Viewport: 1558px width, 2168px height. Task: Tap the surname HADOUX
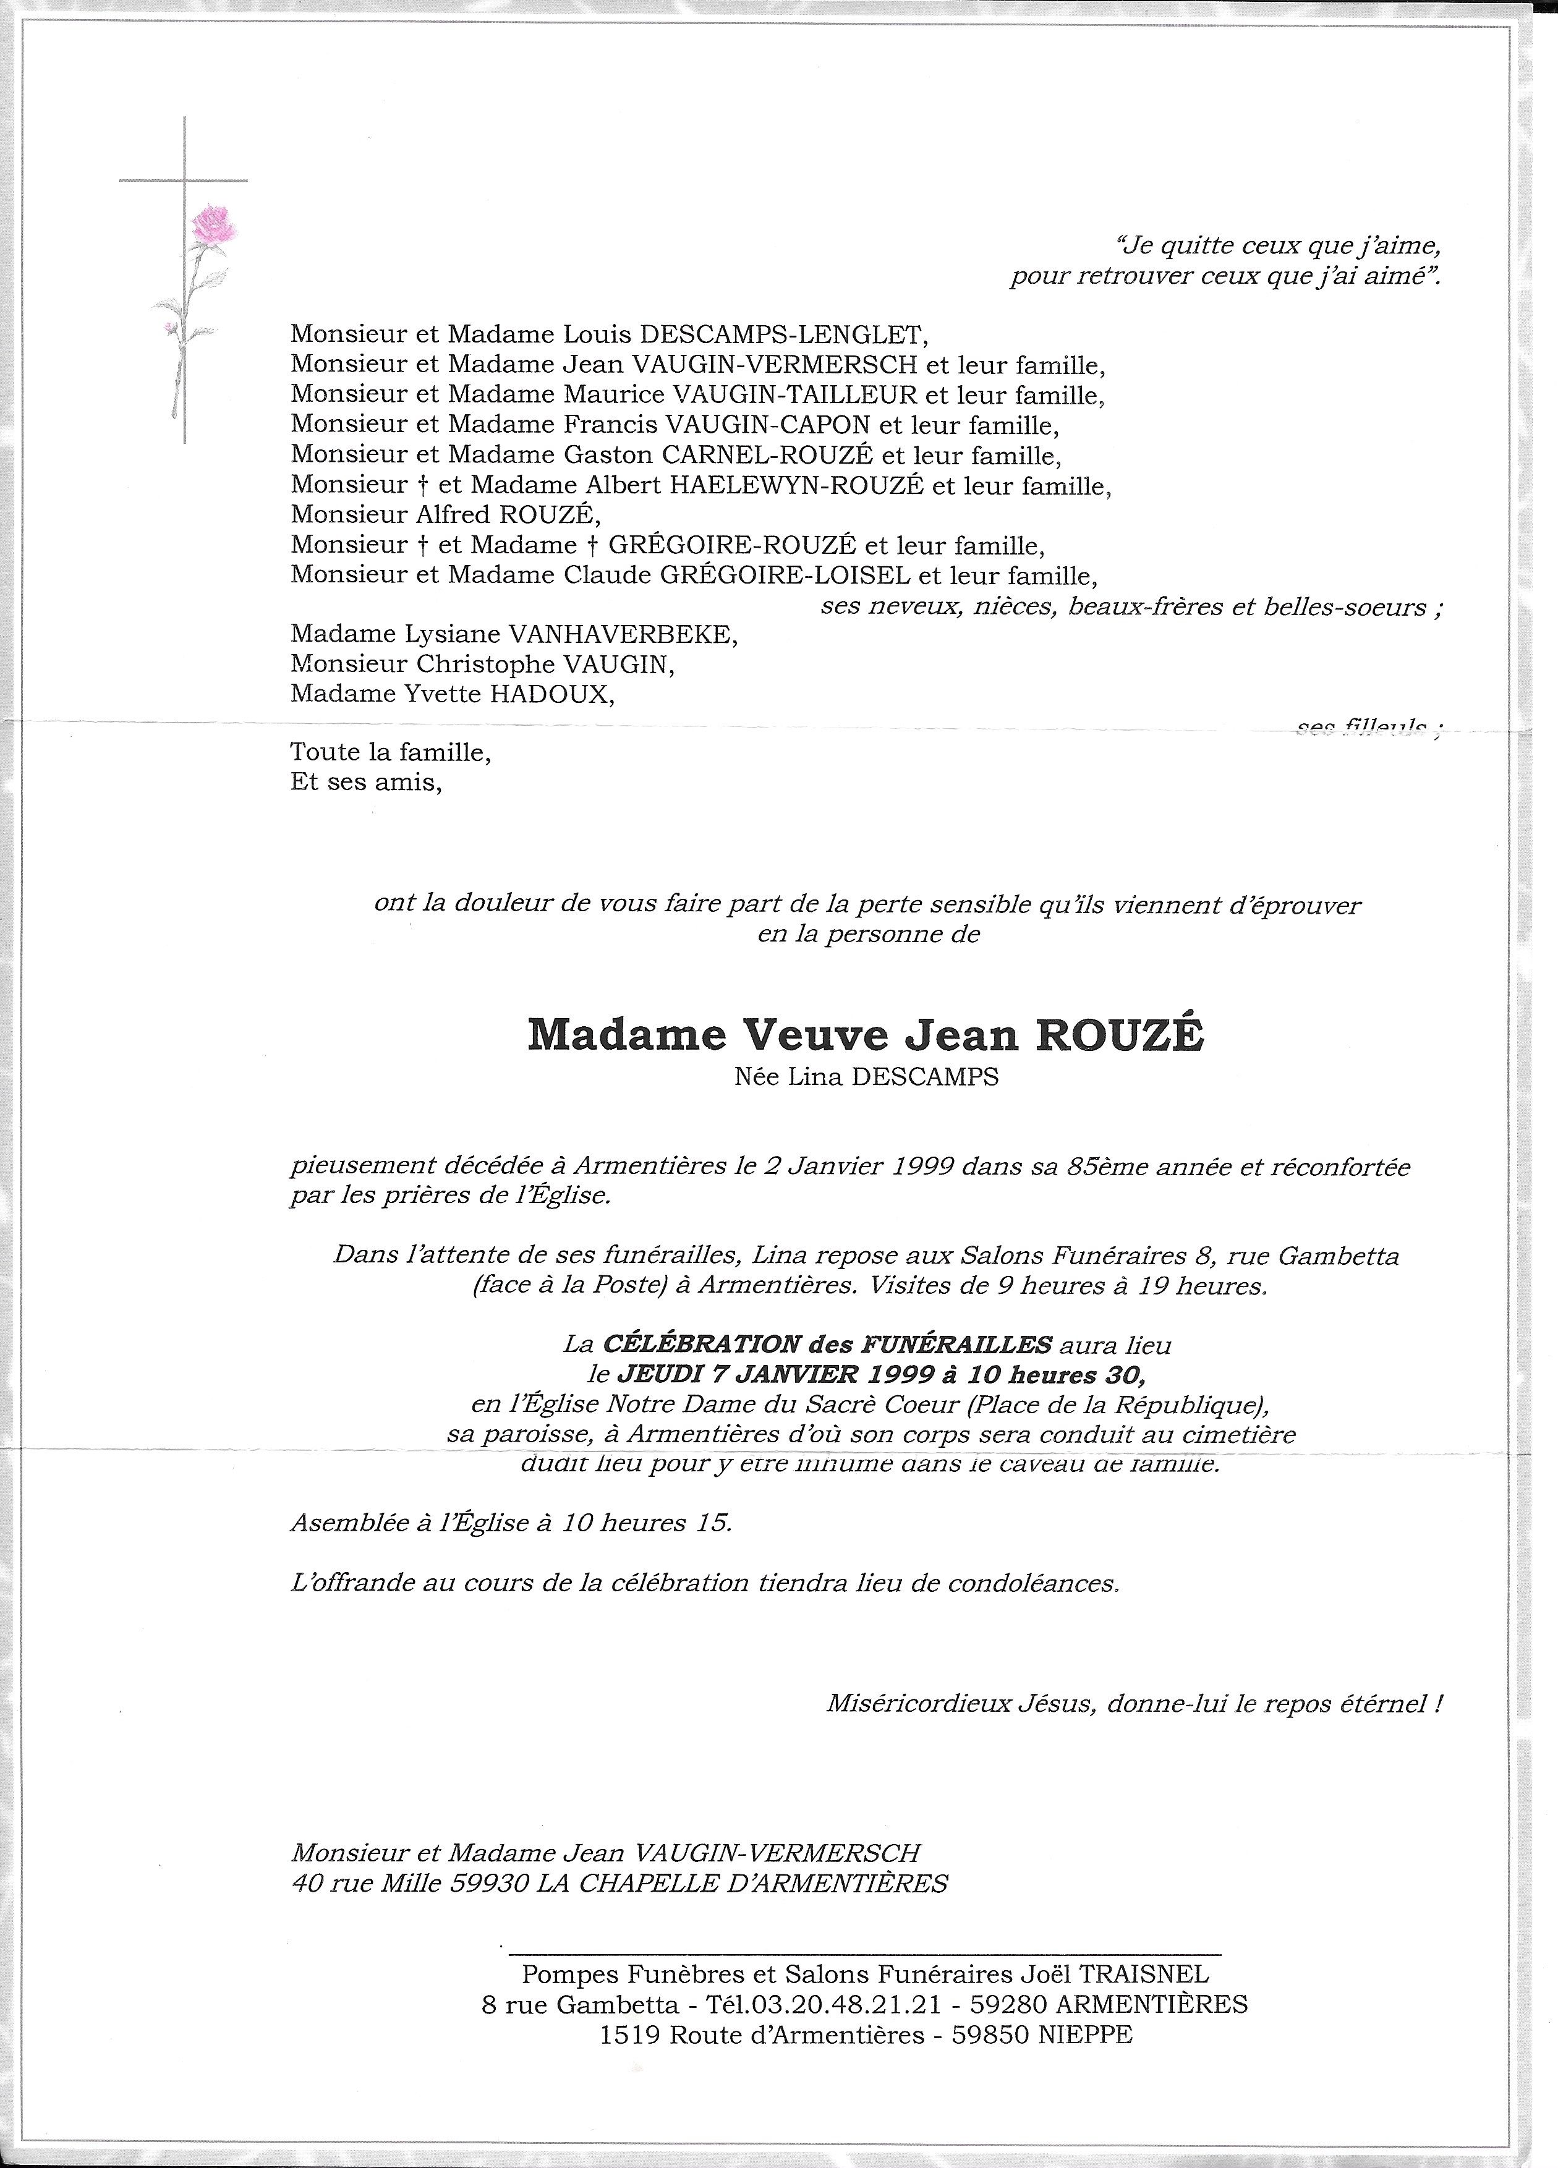(x=551, y=694)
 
